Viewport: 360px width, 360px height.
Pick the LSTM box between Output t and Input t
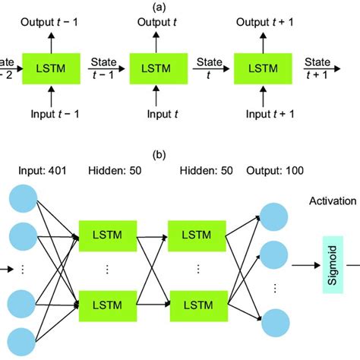(156, 69)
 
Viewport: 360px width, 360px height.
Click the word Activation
(333, 202)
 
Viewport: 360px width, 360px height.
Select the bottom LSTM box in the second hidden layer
(197, 305)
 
